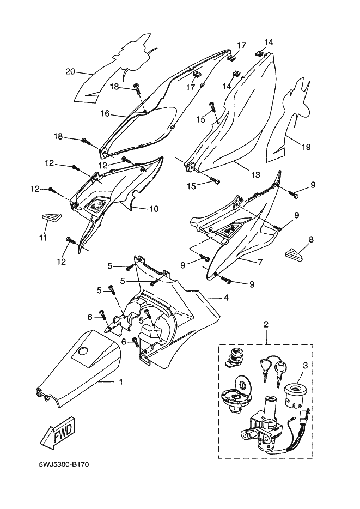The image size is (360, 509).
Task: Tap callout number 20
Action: [69, 71]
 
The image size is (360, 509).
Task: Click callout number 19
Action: [306, 147]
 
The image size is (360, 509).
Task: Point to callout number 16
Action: [105, 114]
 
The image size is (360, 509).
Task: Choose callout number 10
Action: [154, 209]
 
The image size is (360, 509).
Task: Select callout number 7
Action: [260, 262]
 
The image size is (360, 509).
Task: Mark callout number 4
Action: [225, 298]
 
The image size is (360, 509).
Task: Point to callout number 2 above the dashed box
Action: [266, 325]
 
